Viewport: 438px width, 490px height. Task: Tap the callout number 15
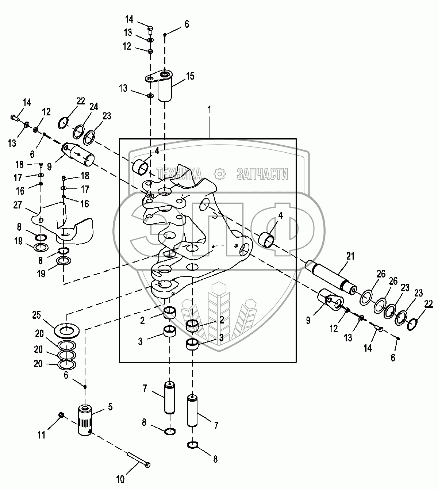(x=190, y=76)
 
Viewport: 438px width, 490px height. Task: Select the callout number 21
(x=350, y=257)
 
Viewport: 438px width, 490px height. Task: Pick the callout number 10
(x=120, y=479)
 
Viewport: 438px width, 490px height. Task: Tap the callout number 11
(x=42, y=435)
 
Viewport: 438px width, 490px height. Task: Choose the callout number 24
(x=94, y=107)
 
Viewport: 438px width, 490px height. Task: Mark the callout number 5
(x=109, y=406)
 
